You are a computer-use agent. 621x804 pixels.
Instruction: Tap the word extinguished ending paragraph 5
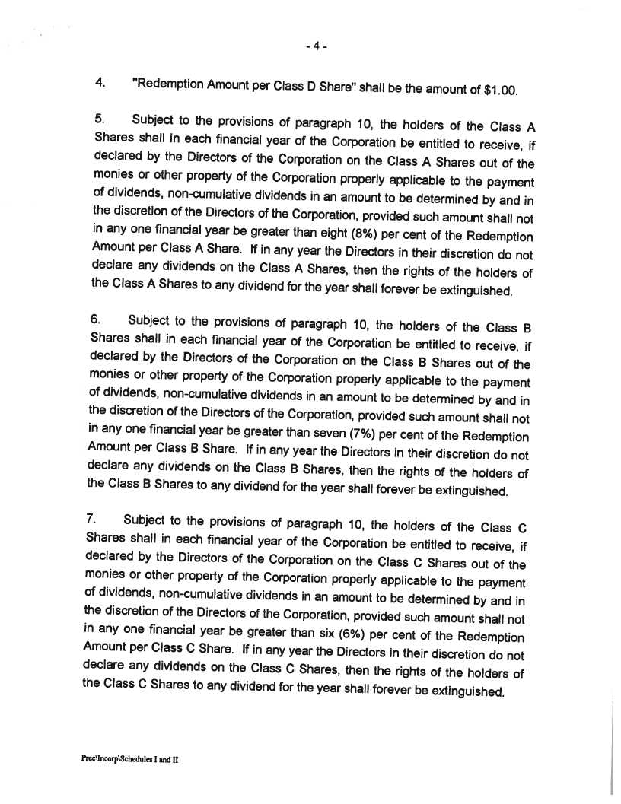470,291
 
